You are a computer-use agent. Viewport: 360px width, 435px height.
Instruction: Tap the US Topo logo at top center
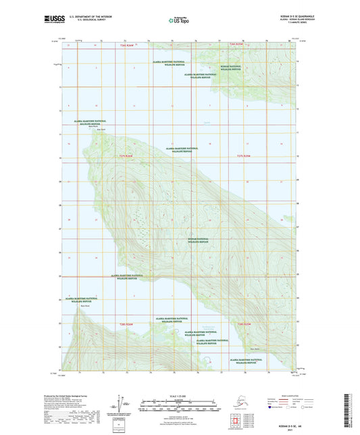(x=180, y=20)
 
